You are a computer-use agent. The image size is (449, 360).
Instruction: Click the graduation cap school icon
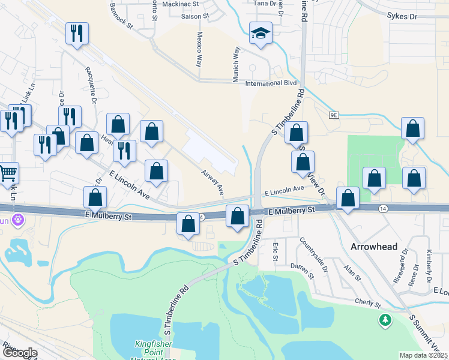point(261,34)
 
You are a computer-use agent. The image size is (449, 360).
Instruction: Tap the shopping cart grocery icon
point(8,173)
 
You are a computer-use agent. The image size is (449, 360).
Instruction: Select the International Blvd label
point(272,83)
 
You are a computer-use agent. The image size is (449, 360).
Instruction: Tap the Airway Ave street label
point(212,182)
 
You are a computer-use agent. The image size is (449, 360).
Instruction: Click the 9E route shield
point(334,115)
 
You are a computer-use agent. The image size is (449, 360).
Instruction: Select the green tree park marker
point(385,321)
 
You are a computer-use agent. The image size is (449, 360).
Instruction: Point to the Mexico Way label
point(199,47)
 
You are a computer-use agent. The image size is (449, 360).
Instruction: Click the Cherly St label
point(367,303)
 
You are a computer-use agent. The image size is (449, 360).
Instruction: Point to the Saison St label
point(194,16)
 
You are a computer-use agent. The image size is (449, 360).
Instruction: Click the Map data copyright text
point(424,355)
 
